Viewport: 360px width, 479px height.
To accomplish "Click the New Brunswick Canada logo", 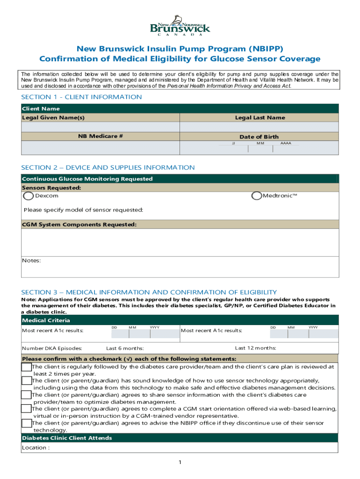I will tap(180, 26).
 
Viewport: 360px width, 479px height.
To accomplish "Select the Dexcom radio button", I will tap(29, 196).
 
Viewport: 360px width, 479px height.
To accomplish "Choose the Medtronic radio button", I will tap(256, 196).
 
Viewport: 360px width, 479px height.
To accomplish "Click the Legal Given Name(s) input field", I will tap(100, 127).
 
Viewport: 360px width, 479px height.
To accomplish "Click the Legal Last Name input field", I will tap(259, 127).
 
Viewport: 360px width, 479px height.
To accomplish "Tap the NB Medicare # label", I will tap(100, 137).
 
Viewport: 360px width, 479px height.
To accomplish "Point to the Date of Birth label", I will tap(259, 137).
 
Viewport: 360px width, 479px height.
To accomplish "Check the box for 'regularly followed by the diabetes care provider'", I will tap(27, 367).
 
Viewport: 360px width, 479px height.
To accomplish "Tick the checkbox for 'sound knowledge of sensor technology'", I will tap(27, 381).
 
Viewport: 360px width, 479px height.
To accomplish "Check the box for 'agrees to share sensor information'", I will tap(27, 395).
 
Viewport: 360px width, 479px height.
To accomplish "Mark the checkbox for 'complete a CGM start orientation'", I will tap(27, 409).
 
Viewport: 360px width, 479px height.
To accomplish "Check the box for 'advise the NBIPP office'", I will tap(27, 423).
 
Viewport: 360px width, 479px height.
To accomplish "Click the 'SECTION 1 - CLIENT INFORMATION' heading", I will tap(81, 97).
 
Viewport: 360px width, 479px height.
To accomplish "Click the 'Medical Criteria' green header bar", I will tap(180, 320).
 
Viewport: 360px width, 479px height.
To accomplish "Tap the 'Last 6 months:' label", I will tap(125, 348).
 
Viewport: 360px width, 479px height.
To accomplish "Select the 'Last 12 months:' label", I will tap(255, 348).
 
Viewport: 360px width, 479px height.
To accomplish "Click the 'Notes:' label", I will tap(31, 261).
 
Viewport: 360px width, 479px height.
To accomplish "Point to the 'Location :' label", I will tap(36, 448).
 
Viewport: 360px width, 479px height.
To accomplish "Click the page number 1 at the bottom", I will tap(180, 463).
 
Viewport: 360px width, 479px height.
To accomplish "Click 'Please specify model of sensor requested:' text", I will tap(83, 210).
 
